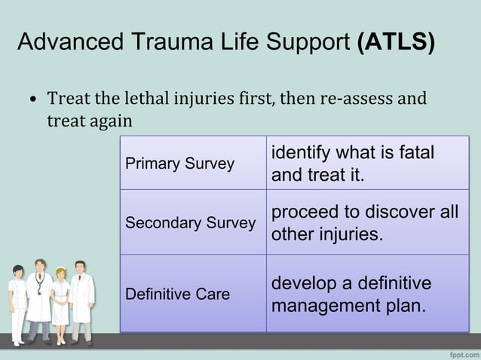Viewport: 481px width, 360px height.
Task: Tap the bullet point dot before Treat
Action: tap(33, 100)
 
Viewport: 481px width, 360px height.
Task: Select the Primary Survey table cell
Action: tap(193, 163)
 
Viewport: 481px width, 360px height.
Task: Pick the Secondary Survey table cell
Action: tap(193, 223)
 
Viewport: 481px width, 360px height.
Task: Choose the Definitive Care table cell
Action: tap(193, 294)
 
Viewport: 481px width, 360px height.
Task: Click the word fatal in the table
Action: tap(415, 152)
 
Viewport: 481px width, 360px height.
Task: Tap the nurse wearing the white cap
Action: tap(60, 301)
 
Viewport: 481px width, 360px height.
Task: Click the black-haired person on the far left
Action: tap(17, 301)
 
